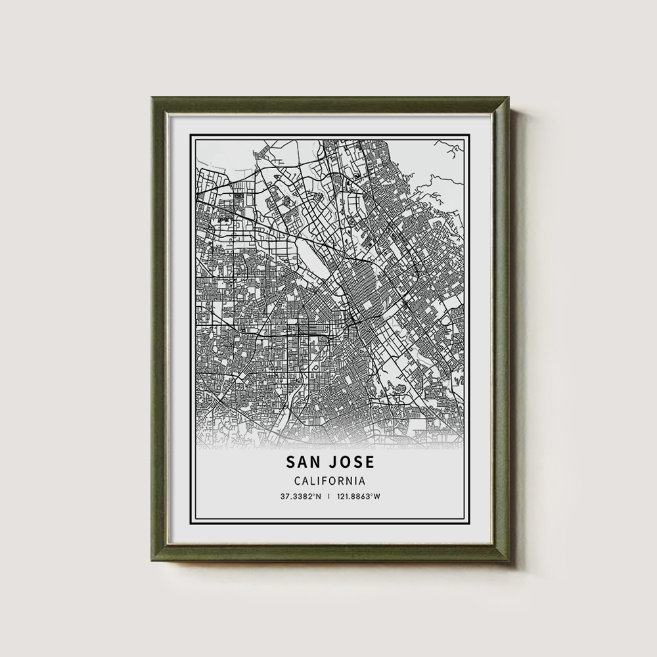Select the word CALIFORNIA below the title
[x=326, y=481]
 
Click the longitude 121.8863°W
[x=358, y=496]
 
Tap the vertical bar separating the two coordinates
[x=328, y=496]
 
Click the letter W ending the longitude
[x=378, y=496]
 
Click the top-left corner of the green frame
[x=152, y=98]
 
